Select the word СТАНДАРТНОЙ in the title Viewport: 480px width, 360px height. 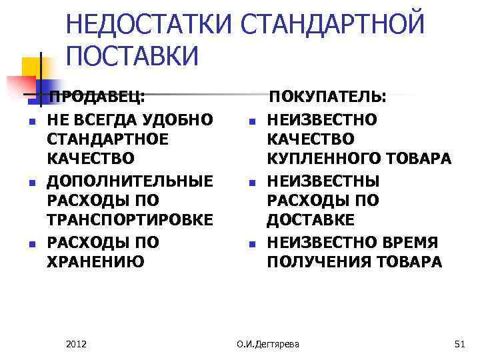[x=333, y=25]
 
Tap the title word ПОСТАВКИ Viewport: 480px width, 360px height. [x=133, y=57]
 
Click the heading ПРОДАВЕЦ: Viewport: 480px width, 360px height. [x=97, y=97]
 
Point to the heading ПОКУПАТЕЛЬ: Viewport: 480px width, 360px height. [x=327, y=97]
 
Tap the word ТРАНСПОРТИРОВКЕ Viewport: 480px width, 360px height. [x=131, y=221]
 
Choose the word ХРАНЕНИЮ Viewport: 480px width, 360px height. [x=95, y=261]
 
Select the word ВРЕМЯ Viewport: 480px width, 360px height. [x=411, y=241]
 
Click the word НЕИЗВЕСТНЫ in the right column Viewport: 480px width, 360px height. [x=323, y=180]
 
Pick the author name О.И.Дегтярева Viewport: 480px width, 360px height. [x=268, y=344]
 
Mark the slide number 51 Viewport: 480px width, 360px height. [x=458, y=344]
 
